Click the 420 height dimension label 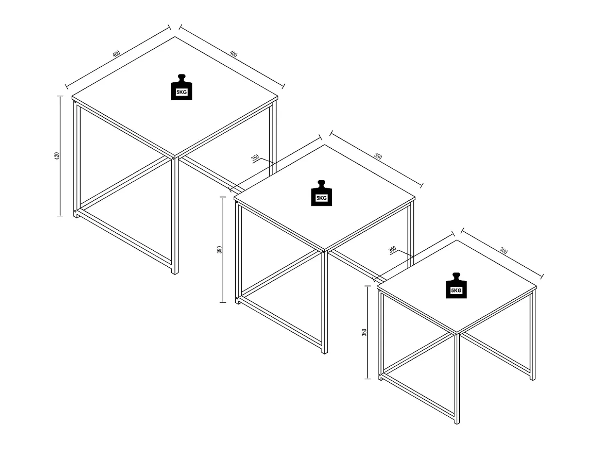[57, 156]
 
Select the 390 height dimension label [220, 249]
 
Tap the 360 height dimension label [364, 332]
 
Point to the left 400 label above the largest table [116, 54]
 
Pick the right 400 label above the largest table [233, 54]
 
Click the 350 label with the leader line [255, 158]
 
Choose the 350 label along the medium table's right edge [378, 156]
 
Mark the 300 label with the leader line [392, 250]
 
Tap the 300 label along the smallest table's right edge [504, 250]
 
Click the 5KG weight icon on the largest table [181, 87]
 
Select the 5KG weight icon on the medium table [322, 193]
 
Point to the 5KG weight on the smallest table [456, 286]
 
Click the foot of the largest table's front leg [175, 273]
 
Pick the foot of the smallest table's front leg [457, 422]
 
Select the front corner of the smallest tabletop [457, 333]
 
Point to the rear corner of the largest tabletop [175, 36]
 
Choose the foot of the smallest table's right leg [532, 379]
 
